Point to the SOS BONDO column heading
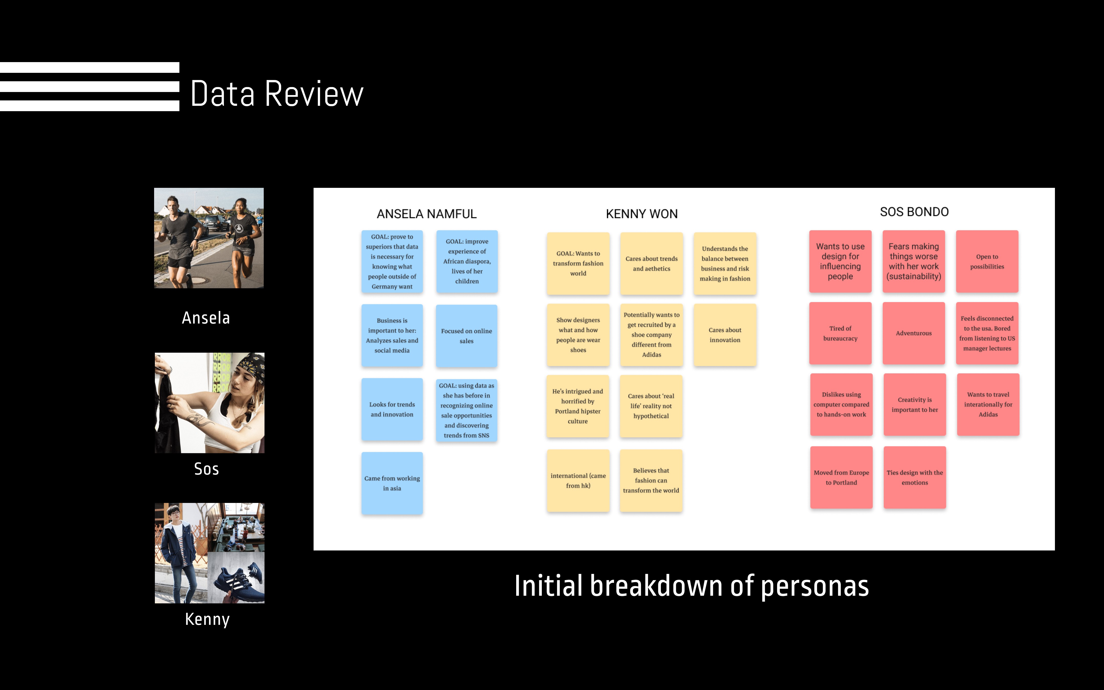pos(914,212)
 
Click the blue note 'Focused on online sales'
pos(466,336)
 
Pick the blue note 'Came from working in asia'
pos(392,483)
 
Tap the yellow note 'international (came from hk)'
pos(578,480)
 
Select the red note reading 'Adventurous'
pos(913,333)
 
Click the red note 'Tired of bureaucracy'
pos(840,333)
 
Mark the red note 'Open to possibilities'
pos(987,261)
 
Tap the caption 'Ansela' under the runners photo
pos(206,318)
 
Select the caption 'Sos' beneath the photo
pos(206,469)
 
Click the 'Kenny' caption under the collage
pos(207,619)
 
